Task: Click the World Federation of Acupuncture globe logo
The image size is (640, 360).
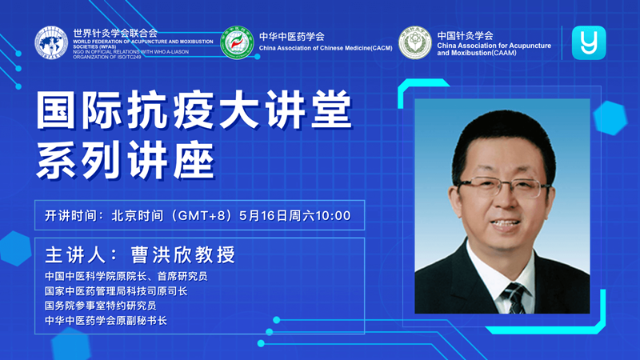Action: tap(51, 43)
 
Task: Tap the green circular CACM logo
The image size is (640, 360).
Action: tap(237, 43)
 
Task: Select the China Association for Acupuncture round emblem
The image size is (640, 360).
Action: tap(415, 43)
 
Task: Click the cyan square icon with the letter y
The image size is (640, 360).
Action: tap(589, 43)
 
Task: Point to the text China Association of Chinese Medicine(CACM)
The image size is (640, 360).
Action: tap(326, 48)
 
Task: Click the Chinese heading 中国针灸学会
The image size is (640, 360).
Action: tap(466, 35)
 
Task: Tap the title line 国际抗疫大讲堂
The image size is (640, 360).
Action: tap(194, 110)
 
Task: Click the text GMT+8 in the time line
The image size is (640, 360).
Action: tap(202, 215)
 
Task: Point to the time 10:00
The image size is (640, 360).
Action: tap(333, 215)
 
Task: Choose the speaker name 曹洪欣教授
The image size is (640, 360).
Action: tap(183, 254)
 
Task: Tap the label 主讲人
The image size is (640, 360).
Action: tap(75, 254)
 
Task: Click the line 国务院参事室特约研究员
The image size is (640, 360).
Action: tap(101, 306)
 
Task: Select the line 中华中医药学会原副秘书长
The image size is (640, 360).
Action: tap(106, 321)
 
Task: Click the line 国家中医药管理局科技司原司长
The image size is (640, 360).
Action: tap(116, 291)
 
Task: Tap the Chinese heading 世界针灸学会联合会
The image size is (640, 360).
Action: tap(115, 33)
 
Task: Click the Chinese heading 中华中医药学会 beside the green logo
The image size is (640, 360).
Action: tap(291, 37)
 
